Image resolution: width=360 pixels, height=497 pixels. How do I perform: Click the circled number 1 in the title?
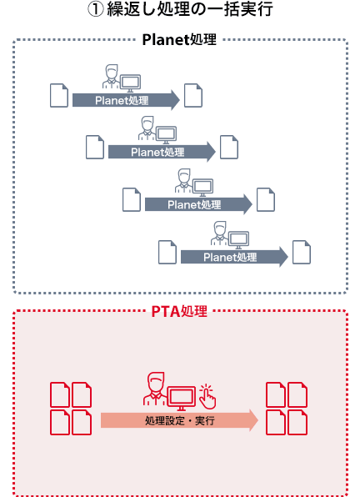[x=95, y=9]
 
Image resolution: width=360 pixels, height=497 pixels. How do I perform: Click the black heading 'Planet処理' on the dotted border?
[x=179, y=40]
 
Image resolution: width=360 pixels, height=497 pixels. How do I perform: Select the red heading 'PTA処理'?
[x=179, y=311]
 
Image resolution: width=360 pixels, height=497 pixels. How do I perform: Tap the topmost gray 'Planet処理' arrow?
[x=126, y=100]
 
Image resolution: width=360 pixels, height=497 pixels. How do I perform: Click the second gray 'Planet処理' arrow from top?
[x=162, y=152]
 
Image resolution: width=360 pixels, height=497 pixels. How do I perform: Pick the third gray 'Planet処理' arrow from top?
[x=198, y=204]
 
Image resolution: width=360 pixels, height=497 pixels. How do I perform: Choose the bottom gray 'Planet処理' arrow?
[x=234, y=257]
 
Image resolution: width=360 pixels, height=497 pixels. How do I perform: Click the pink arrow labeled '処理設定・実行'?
[x=179, y=420]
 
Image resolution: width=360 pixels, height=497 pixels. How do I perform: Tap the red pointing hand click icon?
[x=208, y=396]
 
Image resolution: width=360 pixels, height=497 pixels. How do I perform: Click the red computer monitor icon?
[x=182, y=398]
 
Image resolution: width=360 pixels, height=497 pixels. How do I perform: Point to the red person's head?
[x=156, y=382]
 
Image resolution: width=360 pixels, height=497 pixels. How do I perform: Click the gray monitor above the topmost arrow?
[x=130, y=83]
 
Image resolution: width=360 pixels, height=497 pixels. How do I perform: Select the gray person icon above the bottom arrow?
[x=219, y=233]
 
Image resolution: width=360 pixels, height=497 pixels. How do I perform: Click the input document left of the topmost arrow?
[x=59, y=95]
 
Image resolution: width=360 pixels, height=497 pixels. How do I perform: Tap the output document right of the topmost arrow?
[x=193, y=95]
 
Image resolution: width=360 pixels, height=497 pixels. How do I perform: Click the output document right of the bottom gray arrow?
[x=302, y=253]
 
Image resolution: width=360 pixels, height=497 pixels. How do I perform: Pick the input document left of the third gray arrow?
[x=132, y=199]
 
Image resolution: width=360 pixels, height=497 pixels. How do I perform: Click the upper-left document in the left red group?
[x=60, y=394]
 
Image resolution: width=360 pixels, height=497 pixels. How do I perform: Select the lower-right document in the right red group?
[x=297, y=422]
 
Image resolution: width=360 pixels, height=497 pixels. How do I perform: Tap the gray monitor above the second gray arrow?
[x=166, y=135]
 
